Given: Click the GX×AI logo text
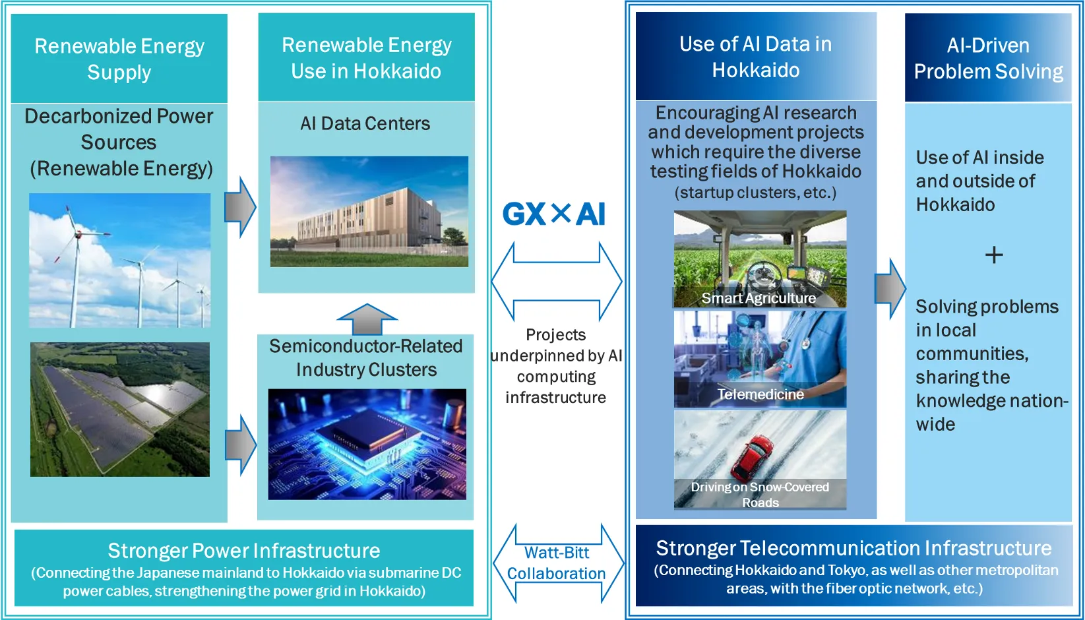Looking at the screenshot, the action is coord(554,214).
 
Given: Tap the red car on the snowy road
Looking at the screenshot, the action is coord(752,457).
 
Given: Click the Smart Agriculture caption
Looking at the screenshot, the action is coord(759,298).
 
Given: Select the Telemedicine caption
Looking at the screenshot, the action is coord(760,394).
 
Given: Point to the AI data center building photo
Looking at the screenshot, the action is coord(369,211).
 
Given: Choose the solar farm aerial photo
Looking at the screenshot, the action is coord(120,410).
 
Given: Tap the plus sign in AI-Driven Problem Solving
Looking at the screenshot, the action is coord(994,255).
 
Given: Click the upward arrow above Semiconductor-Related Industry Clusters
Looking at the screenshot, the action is coord(367,319).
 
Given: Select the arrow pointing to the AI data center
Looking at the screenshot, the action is coord(240,207).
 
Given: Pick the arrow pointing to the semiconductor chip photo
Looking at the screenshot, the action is coord(241,445).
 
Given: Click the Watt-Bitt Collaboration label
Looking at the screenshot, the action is coord(557,563).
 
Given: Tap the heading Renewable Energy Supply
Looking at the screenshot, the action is coord(119,59).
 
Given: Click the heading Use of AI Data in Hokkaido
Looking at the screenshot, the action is coord(756,57).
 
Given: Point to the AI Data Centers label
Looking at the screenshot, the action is coord(365,123).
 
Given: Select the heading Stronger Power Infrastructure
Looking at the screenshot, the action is coord(243,551).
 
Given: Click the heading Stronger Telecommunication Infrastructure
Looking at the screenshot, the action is coord(853,548).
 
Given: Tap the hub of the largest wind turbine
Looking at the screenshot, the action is coord(78,234).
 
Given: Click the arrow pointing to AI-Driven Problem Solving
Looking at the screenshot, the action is coord(890,289).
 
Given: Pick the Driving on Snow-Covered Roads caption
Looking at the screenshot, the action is coord(760,495).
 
